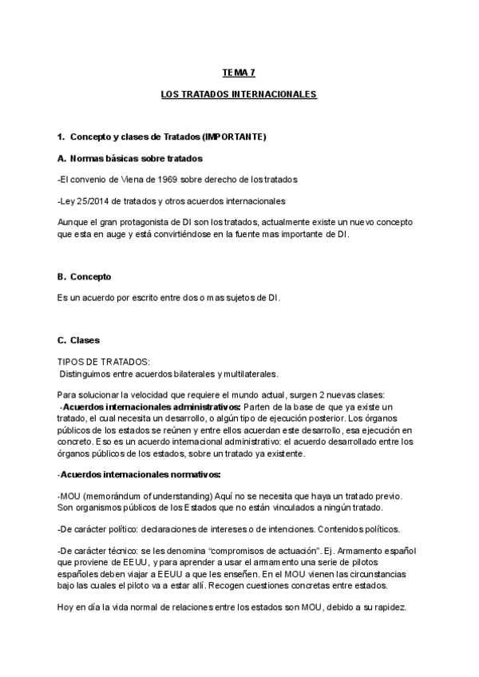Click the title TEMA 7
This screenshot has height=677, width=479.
pos(239,73)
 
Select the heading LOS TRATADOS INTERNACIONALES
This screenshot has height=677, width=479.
pos(239,94)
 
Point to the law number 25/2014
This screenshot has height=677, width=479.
pos(90,200)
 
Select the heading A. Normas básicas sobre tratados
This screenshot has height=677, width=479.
pos(130,158)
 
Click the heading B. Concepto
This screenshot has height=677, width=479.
pos(85,276)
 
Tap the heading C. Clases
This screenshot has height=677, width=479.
pos(79,340)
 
